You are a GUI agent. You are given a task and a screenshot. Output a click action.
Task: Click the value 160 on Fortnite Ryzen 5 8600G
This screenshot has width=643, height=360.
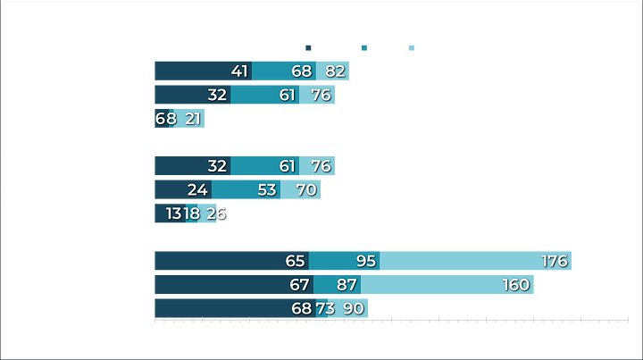tap(515, 284)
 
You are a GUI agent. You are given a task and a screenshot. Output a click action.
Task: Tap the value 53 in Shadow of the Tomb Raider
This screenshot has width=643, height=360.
tap(266, 189)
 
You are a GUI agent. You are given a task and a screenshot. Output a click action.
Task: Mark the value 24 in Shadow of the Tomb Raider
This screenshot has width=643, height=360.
tap(198, 189)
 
